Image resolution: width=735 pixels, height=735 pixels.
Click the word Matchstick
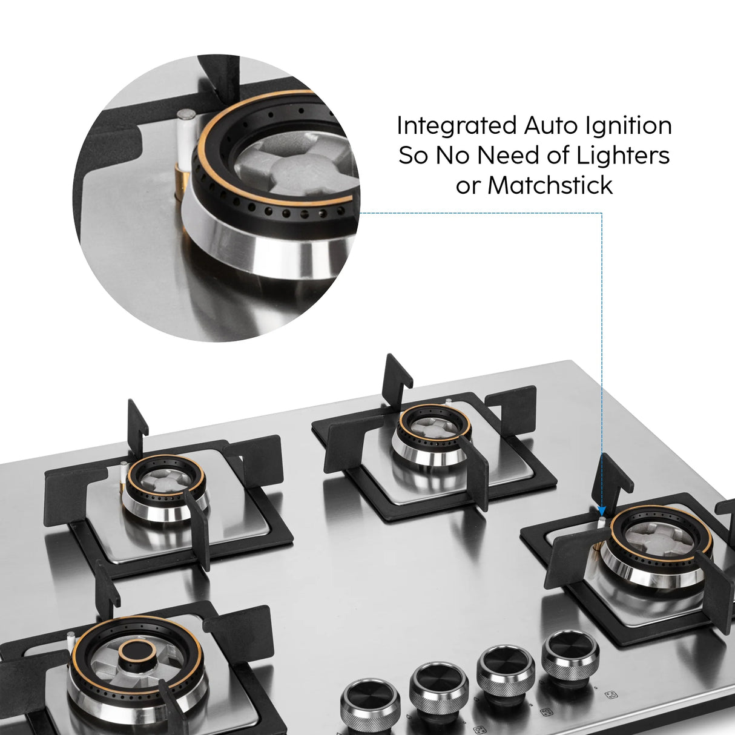coord(550,185)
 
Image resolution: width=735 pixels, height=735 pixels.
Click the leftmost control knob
coord(370,704)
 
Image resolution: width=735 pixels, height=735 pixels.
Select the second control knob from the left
coord(438,685)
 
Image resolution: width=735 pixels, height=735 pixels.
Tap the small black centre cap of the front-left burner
coord(136,653)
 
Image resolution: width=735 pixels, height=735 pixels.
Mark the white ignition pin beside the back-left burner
coord(124,472)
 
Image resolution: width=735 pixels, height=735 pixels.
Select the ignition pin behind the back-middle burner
coord(447,402)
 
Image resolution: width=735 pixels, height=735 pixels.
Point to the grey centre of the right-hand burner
coord(661,536)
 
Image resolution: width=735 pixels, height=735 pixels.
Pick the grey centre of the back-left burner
coord(165,481)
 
